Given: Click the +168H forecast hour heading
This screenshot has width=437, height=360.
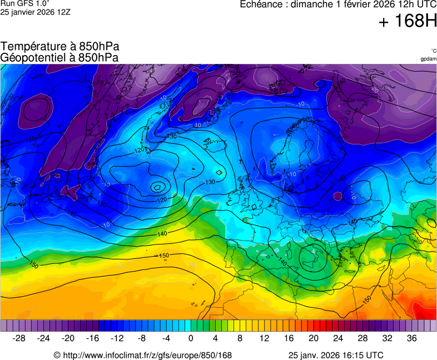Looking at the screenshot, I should coord(408,22).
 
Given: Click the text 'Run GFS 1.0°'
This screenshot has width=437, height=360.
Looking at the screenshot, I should coord(26,3).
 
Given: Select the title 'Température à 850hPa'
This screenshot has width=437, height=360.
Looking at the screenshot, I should coord(60,47).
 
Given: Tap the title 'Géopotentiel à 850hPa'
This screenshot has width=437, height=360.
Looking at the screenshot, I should coord(59,57).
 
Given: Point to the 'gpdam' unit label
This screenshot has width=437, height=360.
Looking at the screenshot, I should coord(428,59).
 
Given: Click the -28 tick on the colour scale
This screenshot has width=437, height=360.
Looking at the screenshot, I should coord(19,338).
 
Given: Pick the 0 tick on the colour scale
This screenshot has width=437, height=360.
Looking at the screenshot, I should coord(191,338).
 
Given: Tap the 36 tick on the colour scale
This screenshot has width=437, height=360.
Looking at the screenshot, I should coord(411,338).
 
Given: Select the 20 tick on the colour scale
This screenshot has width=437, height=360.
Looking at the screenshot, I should coord(313,338).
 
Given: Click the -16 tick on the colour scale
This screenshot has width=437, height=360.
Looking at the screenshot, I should coord(92,338).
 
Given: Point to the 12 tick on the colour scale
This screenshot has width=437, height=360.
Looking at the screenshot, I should coord(264,338).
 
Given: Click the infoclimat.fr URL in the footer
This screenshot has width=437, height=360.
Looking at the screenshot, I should coord(142,355).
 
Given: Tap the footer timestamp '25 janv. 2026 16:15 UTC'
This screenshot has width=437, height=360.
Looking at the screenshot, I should coord(336,355).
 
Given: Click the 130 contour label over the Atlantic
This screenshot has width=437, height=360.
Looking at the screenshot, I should coord(210,182).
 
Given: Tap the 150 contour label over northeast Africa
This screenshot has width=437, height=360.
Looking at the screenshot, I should coord(367,299).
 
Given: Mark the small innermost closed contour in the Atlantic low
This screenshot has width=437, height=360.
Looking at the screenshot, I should coord(158,187).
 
